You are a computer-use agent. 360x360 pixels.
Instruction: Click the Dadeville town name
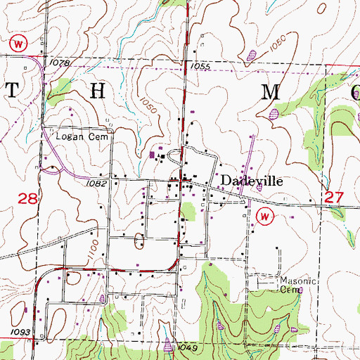click(x=252, y=180)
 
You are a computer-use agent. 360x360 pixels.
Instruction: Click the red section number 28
click(x=27, y=200)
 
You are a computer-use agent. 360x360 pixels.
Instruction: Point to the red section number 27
click(x=334, y=200)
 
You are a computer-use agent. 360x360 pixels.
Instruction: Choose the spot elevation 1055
click(x=200, y=65)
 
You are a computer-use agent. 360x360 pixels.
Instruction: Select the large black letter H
click(x=98, y=89)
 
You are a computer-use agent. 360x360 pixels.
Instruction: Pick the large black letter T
click(x=11, y=89)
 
